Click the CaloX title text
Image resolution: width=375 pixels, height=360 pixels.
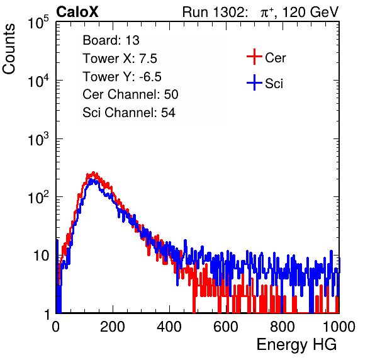click(77, 11)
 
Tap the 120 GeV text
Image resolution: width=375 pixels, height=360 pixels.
click(311, 12)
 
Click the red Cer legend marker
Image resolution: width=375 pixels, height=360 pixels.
click(254, 57)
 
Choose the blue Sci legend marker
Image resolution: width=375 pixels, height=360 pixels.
click(254, 82)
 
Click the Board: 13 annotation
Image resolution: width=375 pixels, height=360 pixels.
click(111, 40)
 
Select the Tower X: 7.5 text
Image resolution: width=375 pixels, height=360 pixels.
click(120, 58)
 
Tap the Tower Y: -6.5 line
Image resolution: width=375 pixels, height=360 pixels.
click(122, 76)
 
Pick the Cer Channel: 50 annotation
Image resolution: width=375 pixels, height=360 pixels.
click(130, 94)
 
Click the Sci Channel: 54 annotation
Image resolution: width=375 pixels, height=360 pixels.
click(129, 112)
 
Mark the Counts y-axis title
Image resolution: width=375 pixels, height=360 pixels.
click(9, 49)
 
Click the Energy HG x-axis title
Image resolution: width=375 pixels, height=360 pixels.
click(296, 344)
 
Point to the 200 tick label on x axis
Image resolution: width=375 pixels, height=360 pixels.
click(113, 327)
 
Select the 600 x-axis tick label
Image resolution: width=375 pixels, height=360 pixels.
click(226, 327)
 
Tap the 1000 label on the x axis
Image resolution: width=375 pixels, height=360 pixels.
click(339, 327)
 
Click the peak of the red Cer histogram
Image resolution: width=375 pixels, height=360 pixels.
click(94, 172)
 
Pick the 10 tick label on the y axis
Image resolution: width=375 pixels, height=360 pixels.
click(41, 256)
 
